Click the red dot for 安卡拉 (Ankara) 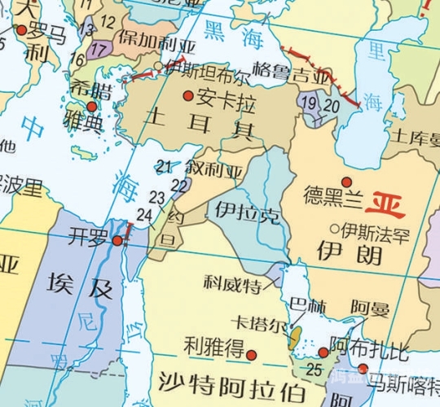[x=188, y=96]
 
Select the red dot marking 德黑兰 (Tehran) [x=346, y=182]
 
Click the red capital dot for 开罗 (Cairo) [x=117, y=240]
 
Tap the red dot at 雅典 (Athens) [x=92, y=107]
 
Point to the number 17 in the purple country [x=100, y=49]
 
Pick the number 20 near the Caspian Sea [x=331, y=105]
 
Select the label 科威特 [x=232, y=284]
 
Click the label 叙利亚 [x=214, y=171]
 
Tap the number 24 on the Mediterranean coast [x=145, y=214]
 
